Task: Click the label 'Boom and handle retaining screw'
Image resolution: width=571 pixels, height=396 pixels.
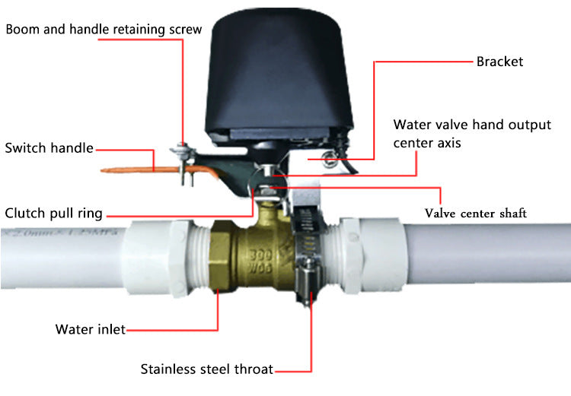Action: pyautogui.click(x=104, y=30)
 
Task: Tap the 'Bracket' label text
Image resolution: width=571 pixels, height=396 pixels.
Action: pyautogui.click(x=499, y=62)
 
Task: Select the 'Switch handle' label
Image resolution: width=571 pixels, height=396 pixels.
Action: pyautogui.click(x=49, y=147)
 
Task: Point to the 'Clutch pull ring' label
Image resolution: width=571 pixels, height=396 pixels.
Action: pyautogui.click(x=53, y=213)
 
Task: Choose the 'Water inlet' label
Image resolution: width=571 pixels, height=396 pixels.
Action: pyautogui.click(x=90, y=329)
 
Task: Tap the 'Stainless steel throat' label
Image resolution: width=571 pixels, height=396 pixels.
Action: pyautogui.click(x=206, y=369)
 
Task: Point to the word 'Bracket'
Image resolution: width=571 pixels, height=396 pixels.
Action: pyautogui.click(x=499, y=62)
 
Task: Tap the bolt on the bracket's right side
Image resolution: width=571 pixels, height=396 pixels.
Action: pyautogui.click(x=330, y=159)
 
